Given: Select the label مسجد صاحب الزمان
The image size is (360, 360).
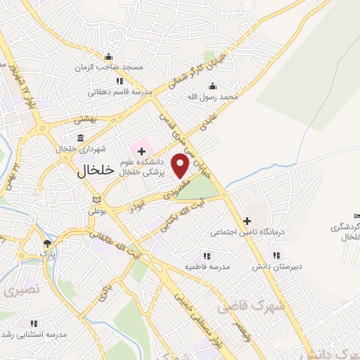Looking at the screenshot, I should (109, 67).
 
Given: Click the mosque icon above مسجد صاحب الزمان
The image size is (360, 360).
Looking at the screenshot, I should (108, 57).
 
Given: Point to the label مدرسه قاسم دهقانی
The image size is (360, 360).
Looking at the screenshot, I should (116, 91).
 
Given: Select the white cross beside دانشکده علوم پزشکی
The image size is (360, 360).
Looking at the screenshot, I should (142, 150).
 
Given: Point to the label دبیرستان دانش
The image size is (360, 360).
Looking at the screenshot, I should (276, 267).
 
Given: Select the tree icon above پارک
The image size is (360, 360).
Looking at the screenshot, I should (46, 242).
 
